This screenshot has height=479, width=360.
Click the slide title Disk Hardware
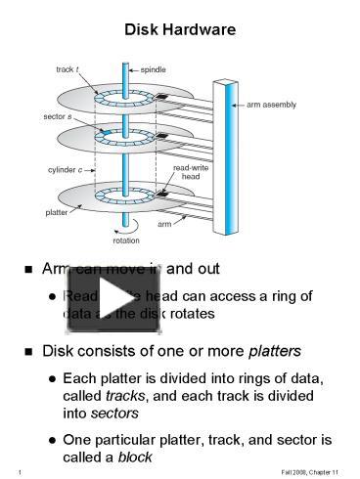point(180,30)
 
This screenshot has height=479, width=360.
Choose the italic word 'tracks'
point(124,397)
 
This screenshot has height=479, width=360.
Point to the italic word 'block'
point(137,457)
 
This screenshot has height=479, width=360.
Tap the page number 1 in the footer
point(21,471)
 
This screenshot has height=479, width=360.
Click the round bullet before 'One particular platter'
point(51,440)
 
